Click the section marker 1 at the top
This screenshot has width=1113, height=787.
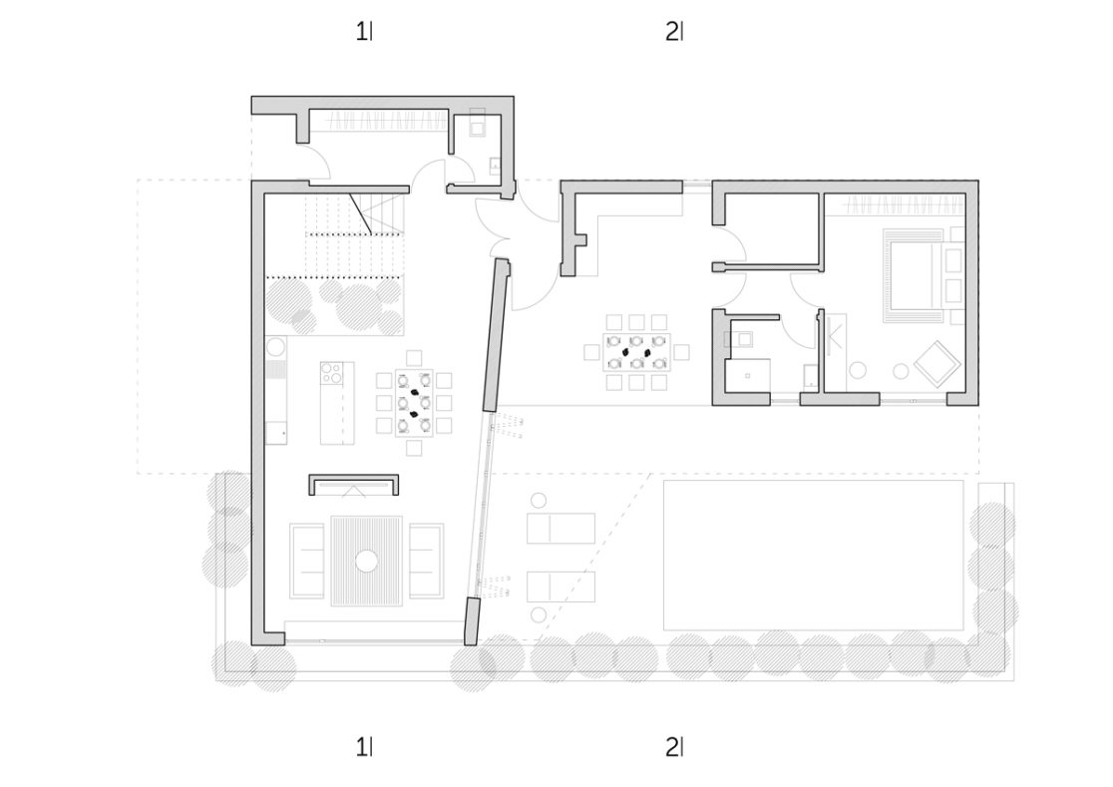tap(363, 31)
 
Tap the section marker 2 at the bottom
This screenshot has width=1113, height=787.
tap(674, 746)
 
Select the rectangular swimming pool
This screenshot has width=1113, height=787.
tap(814, 555)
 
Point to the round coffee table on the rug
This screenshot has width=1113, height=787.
tap(367, 561)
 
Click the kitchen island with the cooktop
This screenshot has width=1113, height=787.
tap(336, 402)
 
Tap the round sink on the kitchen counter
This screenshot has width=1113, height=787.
tap(275, 348)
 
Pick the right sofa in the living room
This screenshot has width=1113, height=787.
tap(425, 561)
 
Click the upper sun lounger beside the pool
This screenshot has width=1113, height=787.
tap(560, 528)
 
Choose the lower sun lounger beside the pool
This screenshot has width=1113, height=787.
tap(560, 587)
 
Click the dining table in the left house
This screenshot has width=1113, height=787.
tap(414, 402)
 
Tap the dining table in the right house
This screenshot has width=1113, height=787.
tap(636, 352)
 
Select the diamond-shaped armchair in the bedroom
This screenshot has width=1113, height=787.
tap(936, 364)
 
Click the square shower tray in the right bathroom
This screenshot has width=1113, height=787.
tap(747, 375)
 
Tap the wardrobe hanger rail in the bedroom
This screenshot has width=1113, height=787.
tap(905, 205)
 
